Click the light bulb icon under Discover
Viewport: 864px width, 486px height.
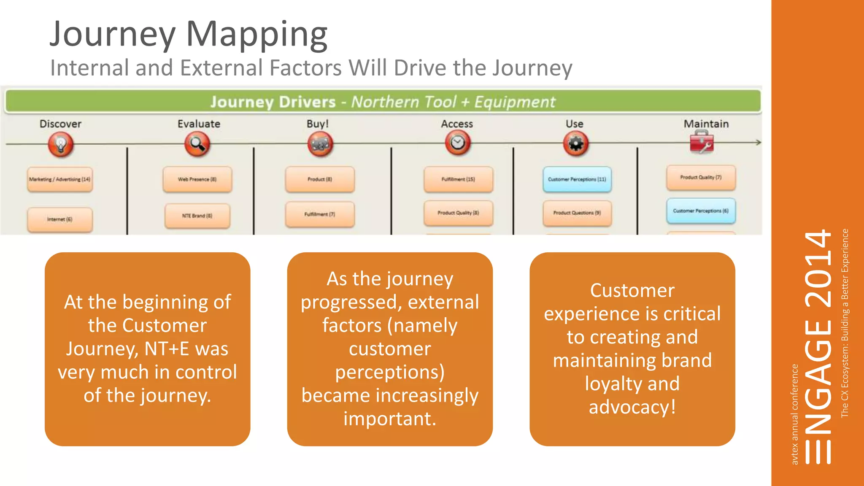pyautogui.click(x=61, y=144)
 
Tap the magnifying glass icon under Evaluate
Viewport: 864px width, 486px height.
pyautogui.click(x=197, y=144)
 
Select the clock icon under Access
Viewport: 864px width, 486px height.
pyautogui.click(x=458, y=143)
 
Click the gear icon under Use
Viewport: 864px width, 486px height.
pyautogui.click(x=576, y=144)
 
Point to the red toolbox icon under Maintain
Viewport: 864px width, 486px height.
pyautogui.click(x=702, y=142)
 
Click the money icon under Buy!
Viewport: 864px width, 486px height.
pyautogui.click(x=320, y=144)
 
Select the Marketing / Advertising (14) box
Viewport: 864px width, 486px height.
pyautogui.click(x=60, y=179)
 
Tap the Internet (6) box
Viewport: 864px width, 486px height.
pyautogui.click(x=60, y=219)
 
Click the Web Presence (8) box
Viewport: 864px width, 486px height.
pyautogui.click(x=197, y=179)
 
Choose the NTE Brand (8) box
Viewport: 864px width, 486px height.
pyautogui.click(x=197, y=216)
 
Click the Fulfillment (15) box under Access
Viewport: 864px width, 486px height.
pyautogui.click(x=458, y=179)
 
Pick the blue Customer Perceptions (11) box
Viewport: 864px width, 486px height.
pyautogui.click(x=577, y=179)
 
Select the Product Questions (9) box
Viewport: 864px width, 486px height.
pyautogui.click(x=577, y=213)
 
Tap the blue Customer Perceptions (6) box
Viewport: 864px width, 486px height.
pyautogui.click(x=701, y=211)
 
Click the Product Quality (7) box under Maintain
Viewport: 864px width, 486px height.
pyautogui.click(x=701, y=178)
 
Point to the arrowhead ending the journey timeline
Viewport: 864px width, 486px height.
pyautogui.click(x=758, y=143)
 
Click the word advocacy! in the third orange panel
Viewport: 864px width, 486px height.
pyautogui.click(x=632, y=407)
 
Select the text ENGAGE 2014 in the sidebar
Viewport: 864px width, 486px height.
pyautogui.click(x=818, y=346)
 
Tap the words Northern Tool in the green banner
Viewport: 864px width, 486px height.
pyautogui.click(x=404, y=102)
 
